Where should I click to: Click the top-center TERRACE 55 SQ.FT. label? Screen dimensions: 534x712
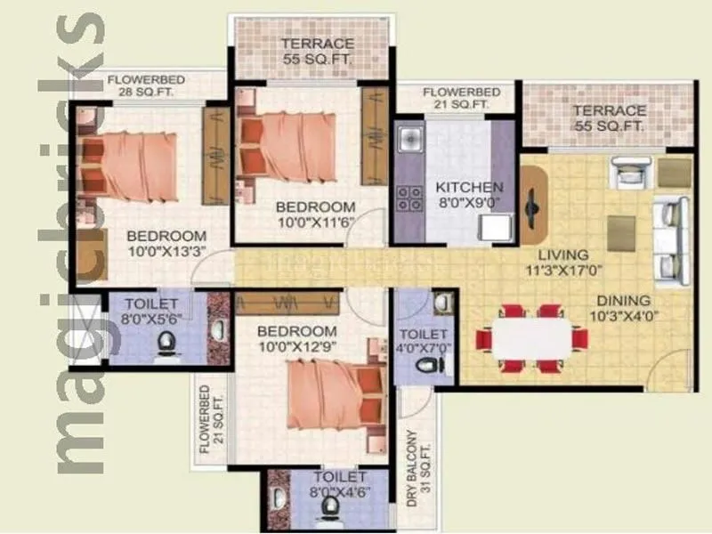318,51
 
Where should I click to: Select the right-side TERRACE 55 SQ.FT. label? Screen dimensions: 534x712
609,118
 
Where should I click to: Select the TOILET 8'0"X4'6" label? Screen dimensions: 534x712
328,484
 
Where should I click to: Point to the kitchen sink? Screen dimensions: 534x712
409,139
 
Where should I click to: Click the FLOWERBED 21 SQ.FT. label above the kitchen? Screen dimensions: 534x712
455,98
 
